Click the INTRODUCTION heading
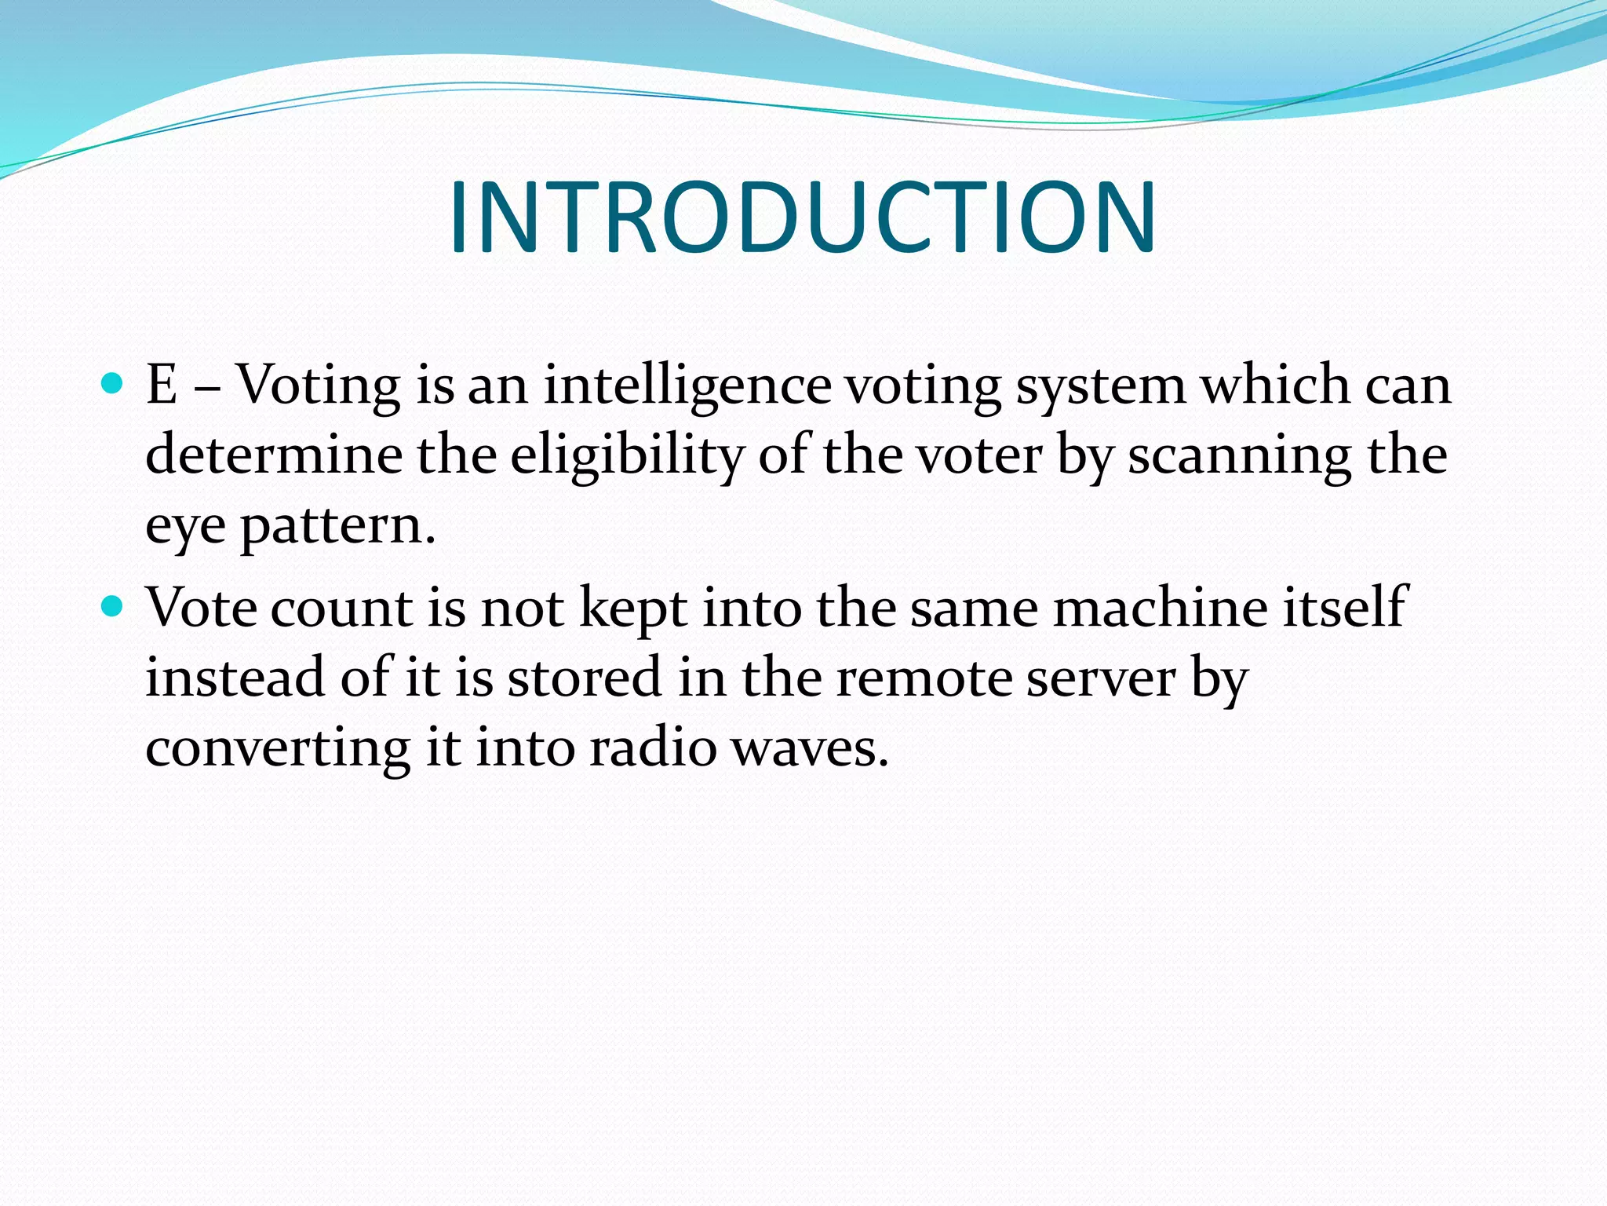[802, 217]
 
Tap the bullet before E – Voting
[113, 384]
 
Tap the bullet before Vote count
[113, 606]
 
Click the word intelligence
[687, 386]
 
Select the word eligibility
[625, 455]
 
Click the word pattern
[337, 526]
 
